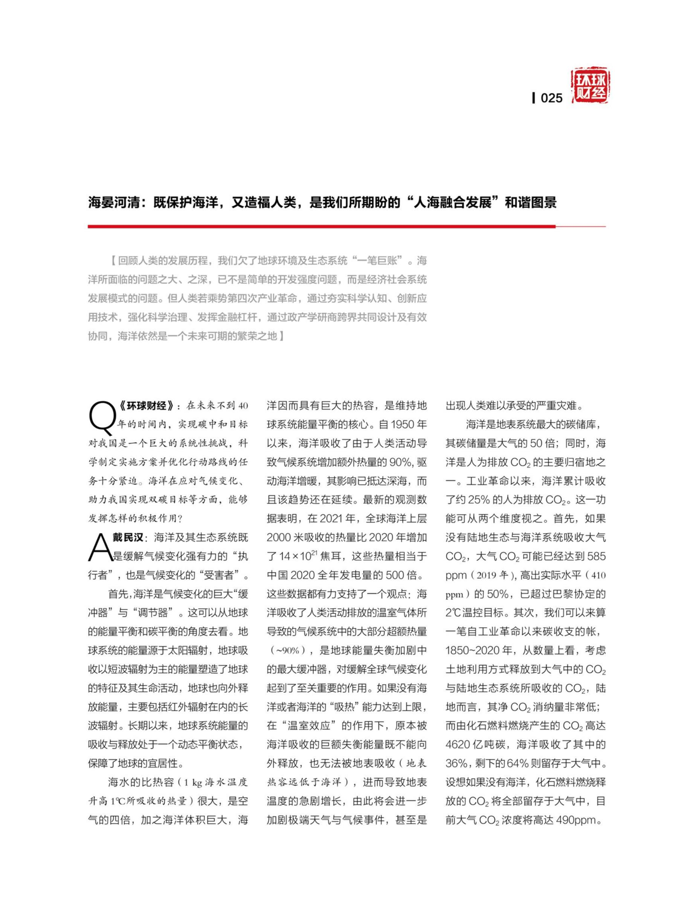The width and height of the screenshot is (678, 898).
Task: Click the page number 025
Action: pyautogui.click(x=551, y=98)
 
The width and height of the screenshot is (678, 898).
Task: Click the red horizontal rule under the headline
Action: pyautogui.click(x=321, y=227)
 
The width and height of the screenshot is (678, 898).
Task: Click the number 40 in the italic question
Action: pyautogui.click(x=243, y=406)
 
